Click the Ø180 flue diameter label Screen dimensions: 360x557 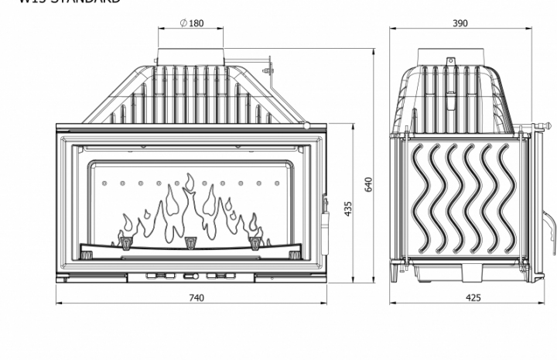(x=192, y=23)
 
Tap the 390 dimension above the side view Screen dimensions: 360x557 (x=460, y=23)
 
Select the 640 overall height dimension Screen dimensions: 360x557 (x=369, y=184)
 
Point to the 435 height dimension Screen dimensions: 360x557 (x=348, y=208)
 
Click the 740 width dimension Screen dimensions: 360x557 (x=196, y=297)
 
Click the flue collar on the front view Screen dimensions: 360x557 (x=192, y=57)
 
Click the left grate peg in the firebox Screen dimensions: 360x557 (x=125, y=244)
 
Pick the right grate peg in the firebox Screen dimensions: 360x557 (x=255, y=244)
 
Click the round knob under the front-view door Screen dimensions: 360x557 (x=196, y=276)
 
